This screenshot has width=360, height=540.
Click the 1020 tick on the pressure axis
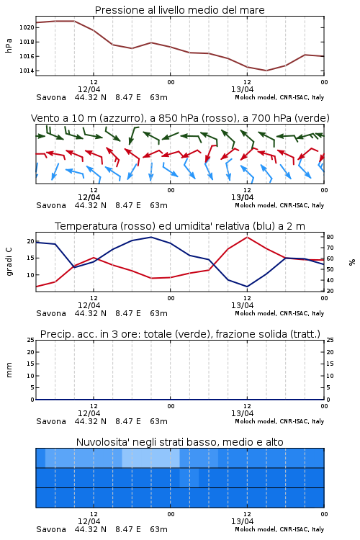pyautogui.click(x=27, y=27)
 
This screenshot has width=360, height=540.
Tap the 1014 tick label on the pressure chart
pyautogui.click(x=27, y=71)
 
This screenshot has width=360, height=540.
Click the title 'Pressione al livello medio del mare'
pyautogui.click(x=180, y=10)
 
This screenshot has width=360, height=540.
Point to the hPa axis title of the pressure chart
pyautogui.click(x=9, y=45)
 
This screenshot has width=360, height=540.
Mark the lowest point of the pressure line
pyautogui.click(x=266, y=71)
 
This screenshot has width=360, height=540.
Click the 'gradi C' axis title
pyautogui.click(x=9, y=261)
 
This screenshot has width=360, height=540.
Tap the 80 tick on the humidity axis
pyautogui.click(x=330, y=237)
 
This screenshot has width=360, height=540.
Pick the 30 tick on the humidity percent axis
pyautogui.click(x=330, y=291)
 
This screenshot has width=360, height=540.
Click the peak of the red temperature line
pyautogui.click(x=247, y=237)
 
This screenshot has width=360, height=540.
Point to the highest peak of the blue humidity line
pyautogui.click(x=151, y=237)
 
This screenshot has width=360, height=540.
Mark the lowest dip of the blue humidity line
pyautogui.click(x=247, y=287)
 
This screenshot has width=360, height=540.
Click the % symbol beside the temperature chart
pyautogui.click(x=352, y=262)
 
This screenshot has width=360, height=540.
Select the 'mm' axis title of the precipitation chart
pyautogui.click(x=9, y=370)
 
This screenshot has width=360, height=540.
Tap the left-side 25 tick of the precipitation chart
pyautogui.click(x=31, y=341)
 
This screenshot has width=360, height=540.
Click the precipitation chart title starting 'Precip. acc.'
pyautogui.click(x=180, y=334)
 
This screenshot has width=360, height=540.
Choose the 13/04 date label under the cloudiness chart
pyautogui.click(x=242, y=521)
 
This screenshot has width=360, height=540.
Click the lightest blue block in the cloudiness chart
pyautogui.click(x=151, y=458)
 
